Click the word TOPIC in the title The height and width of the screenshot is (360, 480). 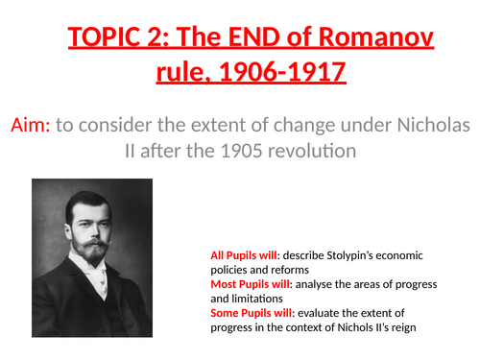click(107, 41)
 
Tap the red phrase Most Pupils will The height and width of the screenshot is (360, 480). click(249, 285)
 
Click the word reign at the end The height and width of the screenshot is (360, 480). click(435, 328)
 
